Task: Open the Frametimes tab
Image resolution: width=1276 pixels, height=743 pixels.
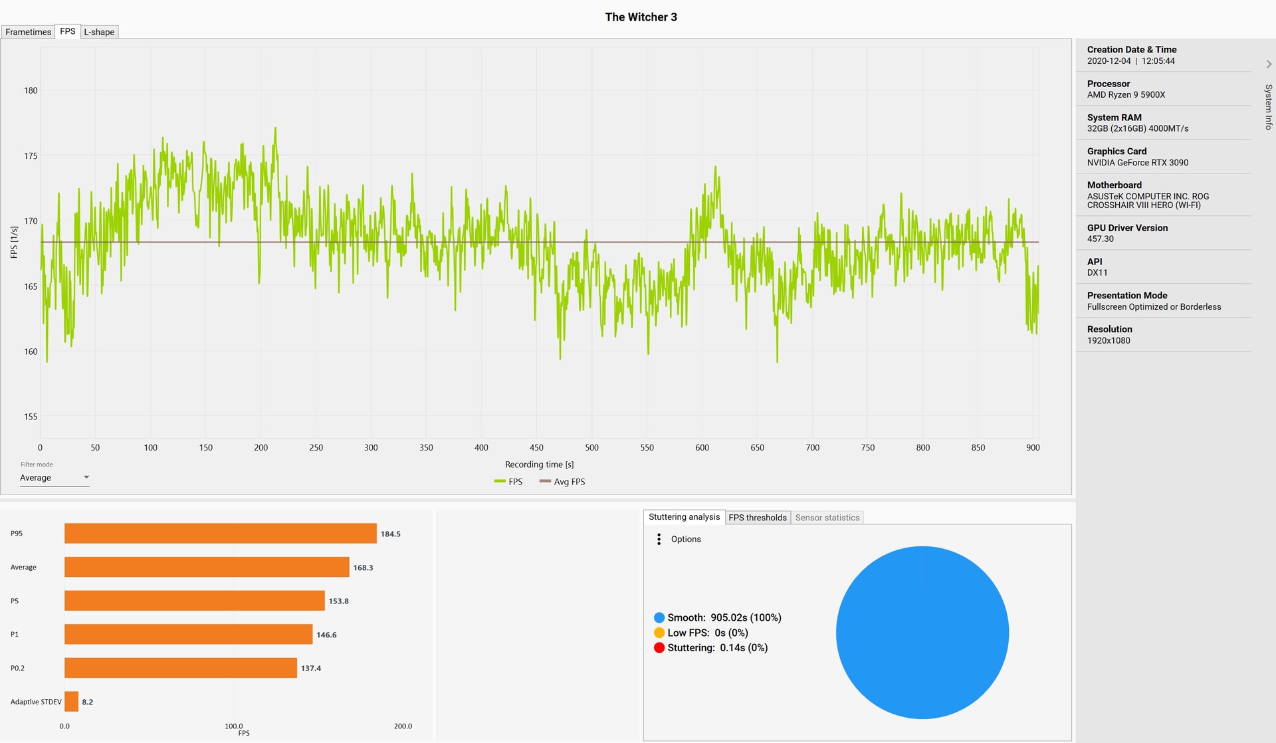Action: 28,32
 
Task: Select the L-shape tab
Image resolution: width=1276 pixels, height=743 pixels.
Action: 99,32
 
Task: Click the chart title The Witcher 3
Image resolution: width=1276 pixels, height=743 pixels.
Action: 641,17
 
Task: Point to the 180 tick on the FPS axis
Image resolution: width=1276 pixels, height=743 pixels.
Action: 31,90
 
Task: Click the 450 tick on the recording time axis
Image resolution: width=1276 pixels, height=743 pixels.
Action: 536,448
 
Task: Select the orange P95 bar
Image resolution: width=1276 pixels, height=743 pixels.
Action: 220,534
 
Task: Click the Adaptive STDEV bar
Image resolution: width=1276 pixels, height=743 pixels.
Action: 71,702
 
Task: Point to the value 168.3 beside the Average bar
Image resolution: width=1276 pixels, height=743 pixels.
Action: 363,568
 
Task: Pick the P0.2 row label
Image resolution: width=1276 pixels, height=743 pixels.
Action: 17,668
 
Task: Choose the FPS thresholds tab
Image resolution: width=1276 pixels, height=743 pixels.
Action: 757,518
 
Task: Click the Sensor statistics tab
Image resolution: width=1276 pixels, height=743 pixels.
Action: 827,518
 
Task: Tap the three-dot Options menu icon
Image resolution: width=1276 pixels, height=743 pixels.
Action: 659,539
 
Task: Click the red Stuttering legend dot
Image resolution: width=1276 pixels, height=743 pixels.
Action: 659,648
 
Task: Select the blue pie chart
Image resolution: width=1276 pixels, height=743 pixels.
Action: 922,633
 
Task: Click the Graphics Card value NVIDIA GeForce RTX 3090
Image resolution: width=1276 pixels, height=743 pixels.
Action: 1137,163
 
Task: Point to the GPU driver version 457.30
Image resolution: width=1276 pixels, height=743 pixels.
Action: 1100,239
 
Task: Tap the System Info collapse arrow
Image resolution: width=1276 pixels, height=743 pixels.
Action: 1269,64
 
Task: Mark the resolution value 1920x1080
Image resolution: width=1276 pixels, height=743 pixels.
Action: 1108,341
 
